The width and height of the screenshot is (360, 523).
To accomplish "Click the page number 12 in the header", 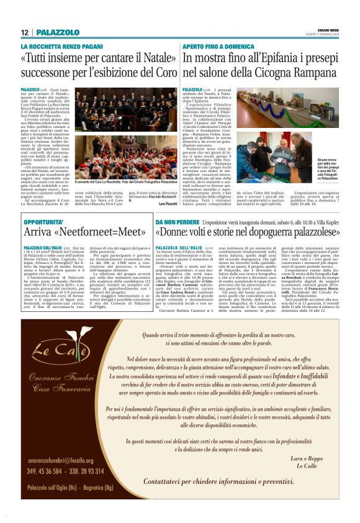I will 24,32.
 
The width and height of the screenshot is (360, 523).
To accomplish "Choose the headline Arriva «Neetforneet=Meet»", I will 84,232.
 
